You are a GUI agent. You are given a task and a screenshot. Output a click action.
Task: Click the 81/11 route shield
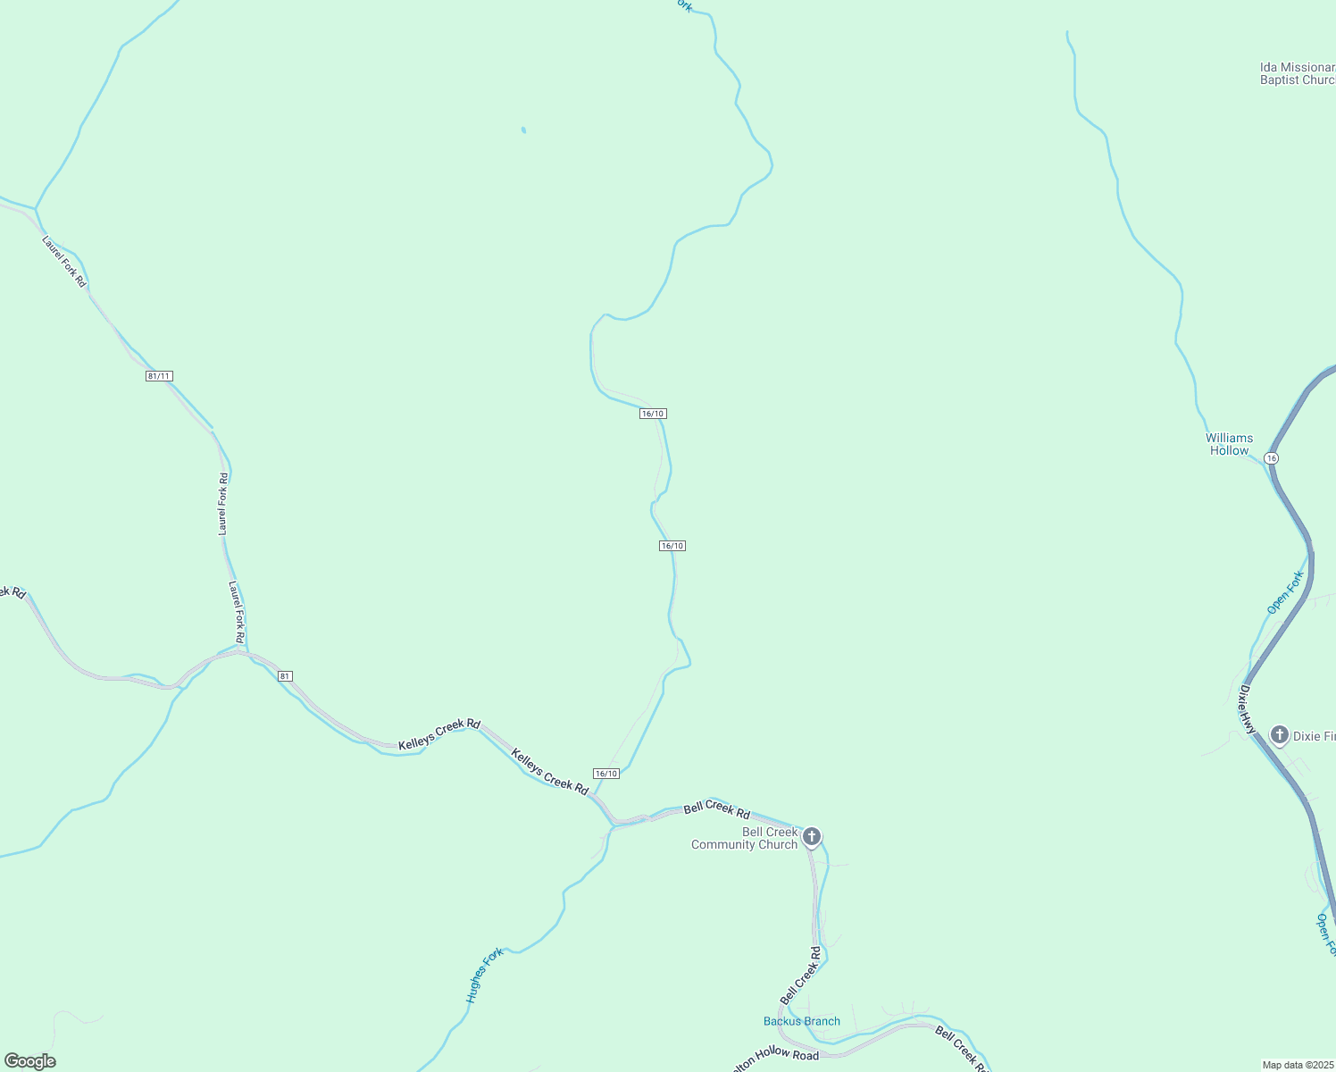[159, 376]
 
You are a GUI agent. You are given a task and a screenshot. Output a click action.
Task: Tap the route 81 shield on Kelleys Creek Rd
[285, 676]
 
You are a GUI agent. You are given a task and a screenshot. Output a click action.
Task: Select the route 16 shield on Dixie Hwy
[1272, 457]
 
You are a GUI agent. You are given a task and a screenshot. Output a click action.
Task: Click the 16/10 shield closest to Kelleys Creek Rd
[605, 773]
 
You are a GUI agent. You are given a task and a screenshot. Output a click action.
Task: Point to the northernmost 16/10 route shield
[653, 414]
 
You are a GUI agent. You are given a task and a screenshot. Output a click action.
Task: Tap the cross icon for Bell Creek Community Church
[811, 837]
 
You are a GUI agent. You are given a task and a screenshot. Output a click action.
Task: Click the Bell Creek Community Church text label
[744, 838]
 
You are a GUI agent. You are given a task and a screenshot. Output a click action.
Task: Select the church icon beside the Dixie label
[1279, 735]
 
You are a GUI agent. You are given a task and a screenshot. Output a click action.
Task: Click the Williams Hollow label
[1229, 444]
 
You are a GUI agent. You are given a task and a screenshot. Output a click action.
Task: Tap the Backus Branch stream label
[801, 1021]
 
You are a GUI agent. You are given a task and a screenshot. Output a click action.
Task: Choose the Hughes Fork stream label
[485, 975]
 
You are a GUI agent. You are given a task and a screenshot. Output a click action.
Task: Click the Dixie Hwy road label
[1247, 710]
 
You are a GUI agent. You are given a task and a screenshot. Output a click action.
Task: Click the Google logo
[29, 1061]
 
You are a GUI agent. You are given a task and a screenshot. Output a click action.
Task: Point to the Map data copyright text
[1298, 1065]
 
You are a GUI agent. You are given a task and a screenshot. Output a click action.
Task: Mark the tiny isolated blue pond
[523, 130]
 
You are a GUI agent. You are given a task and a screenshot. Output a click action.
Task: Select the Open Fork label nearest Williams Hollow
[1285, 593]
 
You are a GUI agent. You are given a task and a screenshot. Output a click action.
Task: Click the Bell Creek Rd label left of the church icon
[716, 810]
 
